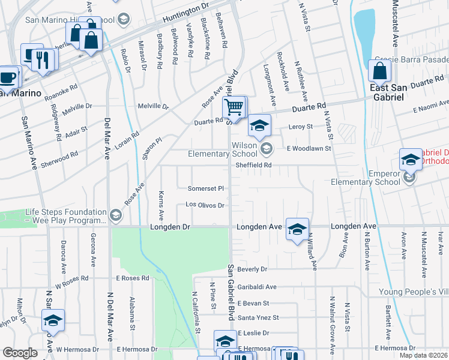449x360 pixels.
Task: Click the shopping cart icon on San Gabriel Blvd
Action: (234, 107)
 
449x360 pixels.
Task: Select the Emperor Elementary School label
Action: (366, 178)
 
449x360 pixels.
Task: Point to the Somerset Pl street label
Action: (206, 188)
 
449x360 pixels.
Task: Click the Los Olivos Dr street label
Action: (205, 205)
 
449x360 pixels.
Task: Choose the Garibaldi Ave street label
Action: (256, 287)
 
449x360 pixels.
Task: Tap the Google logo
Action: (20, 353)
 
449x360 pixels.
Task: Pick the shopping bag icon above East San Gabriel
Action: (380, 71)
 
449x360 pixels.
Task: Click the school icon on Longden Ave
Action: (297, 229)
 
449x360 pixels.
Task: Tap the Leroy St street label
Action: (301, 127)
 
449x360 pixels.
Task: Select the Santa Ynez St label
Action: (258, 317)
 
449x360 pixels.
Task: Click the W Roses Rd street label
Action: (72, 278)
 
